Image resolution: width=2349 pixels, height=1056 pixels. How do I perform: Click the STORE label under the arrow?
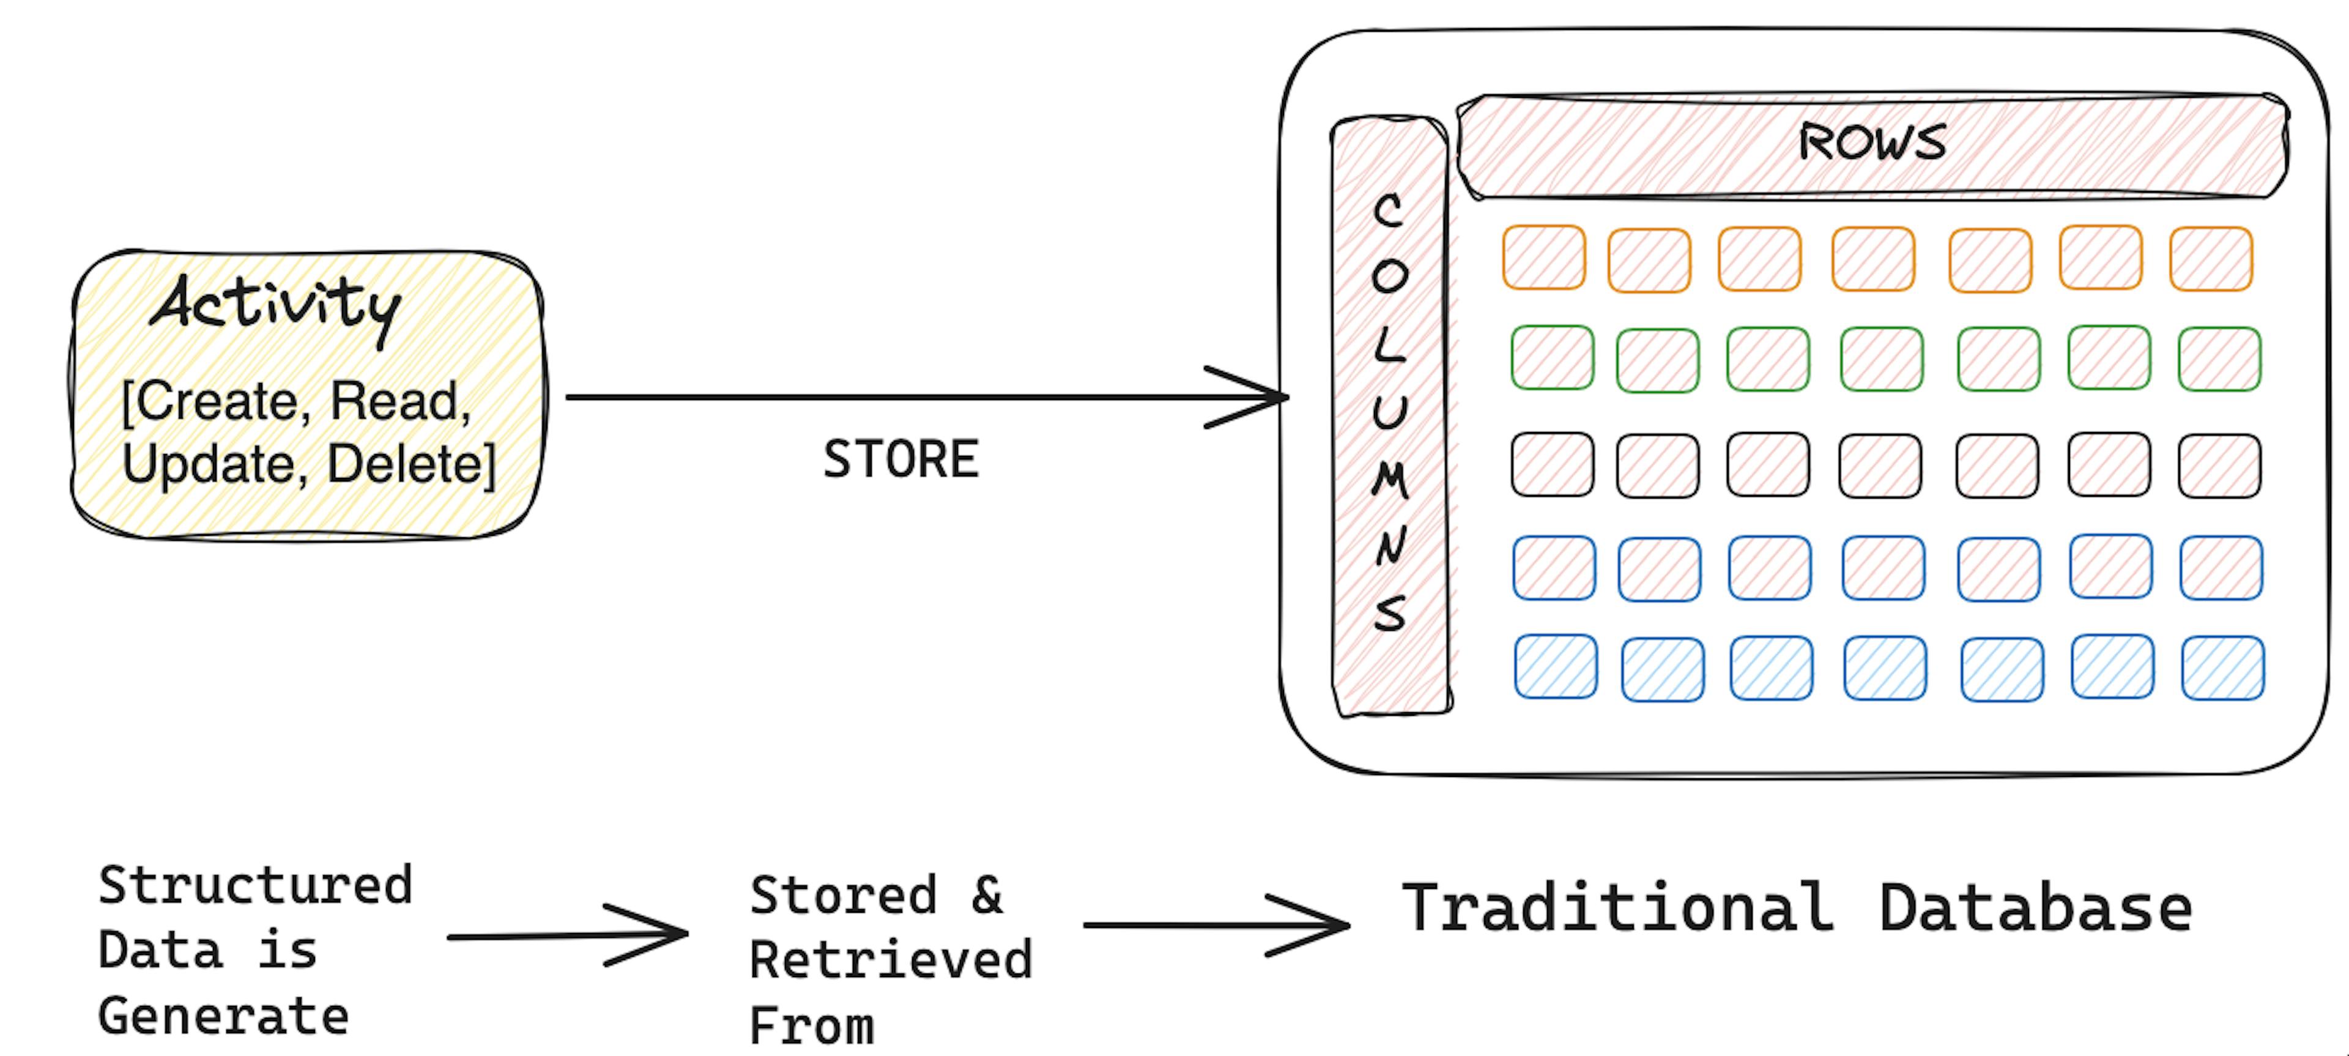pos(900,459)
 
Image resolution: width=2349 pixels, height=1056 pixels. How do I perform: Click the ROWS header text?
pos(1871,143)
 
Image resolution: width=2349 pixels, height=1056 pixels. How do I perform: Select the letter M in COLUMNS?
pos(1390,479)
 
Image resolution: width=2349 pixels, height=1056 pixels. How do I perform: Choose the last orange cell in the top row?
pos(2210,259)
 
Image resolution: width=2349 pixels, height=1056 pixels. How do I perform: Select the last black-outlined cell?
pos(2219,466)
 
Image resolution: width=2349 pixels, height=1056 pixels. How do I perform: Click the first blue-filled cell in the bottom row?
pos(1556,667)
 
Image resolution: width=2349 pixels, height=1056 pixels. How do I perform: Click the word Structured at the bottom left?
pos(255,885)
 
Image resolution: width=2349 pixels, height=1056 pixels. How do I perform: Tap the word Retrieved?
pos(891,960)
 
